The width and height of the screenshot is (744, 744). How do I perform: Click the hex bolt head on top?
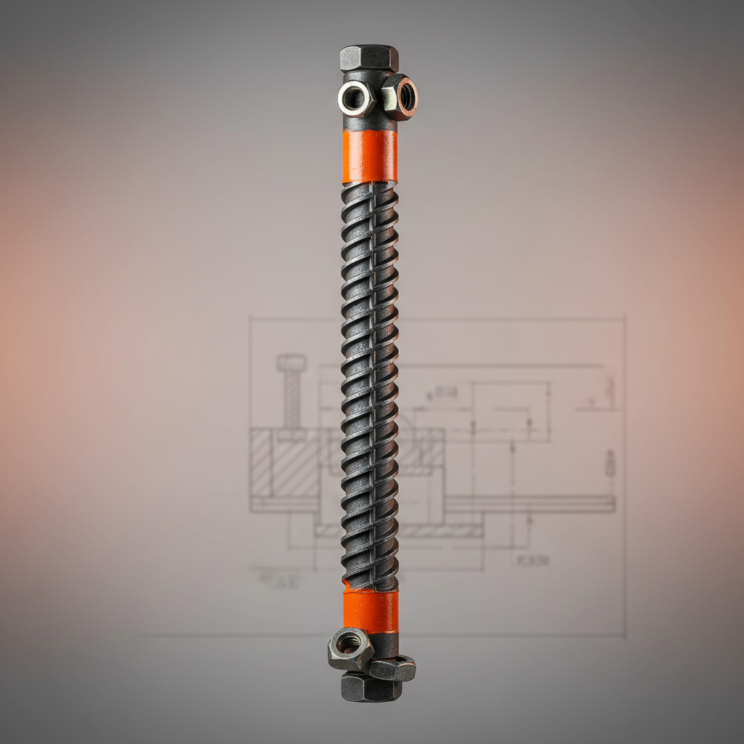click(369, 57)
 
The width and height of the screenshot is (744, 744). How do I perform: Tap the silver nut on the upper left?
click(355, 99)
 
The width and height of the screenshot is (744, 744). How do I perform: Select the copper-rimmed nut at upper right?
click(400, 97)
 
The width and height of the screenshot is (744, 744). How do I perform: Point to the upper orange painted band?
click(370, 156)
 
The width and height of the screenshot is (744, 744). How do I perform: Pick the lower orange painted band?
click(371, 611)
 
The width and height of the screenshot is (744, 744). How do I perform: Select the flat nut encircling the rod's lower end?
click(392, 668)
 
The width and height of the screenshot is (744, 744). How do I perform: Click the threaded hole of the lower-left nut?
click(349, 643)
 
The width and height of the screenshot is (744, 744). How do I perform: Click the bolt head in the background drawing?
click(291, 362)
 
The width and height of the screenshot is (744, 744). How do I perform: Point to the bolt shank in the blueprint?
click(291, 400)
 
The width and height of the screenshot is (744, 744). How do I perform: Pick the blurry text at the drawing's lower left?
click(275, 579)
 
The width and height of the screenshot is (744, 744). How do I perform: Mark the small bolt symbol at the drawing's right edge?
click(610, 463)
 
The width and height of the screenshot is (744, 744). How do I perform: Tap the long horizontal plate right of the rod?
click(530, 504)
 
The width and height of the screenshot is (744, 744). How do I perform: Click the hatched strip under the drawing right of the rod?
click(442, 531)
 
